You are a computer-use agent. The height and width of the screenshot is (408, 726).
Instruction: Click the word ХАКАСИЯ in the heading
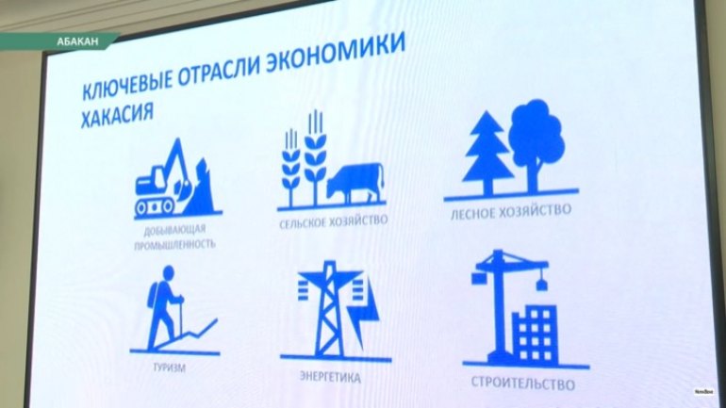click(117, 114)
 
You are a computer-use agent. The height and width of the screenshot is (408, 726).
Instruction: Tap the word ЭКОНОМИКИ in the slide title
click(337, 52)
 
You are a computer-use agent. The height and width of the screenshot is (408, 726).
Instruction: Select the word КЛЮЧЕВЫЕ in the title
click(126, 84)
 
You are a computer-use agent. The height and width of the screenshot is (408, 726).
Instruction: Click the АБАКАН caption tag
click(77, 41)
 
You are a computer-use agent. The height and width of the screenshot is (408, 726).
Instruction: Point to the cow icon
click(355, 182)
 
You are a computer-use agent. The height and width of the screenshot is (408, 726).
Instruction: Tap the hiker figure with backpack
click(164, 307)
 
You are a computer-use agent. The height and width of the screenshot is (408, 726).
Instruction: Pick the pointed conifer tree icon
click(488, 153)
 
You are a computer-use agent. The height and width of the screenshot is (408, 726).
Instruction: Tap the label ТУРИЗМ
click(170, 368)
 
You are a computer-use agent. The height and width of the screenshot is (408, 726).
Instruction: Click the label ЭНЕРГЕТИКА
click(330, 377)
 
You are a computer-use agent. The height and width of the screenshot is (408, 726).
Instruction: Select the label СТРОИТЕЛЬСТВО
click(522, 384)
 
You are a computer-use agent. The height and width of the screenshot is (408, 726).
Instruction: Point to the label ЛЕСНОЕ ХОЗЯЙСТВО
click(511, 212)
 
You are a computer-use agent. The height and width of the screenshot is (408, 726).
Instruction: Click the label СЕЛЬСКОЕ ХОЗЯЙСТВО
click(334, 221)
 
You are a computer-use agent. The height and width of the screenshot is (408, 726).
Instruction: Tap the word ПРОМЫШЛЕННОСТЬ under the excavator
click(175, 244)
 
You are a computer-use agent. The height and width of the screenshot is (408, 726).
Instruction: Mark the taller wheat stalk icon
click(315, 157)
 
